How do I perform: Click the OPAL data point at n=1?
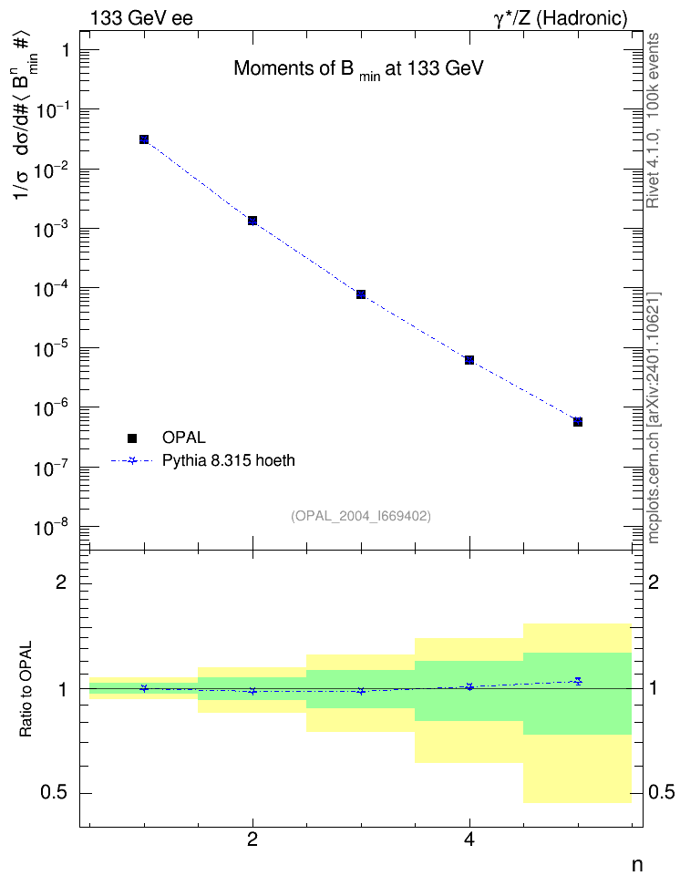pos(144,139)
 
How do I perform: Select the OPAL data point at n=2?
pos(252,221)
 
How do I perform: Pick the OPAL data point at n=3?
pos(361,294)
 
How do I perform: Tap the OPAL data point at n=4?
pos(469,360)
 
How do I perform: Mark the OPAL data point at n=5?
pos(578,421)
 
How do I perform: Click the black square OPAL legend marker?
pos(132,438)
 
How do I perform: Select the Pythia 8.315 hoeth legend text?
pos(229,460)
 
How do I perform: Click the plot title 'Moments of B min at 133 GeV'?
pos(359,69)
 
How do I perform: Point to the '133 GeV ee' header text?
pos(141,18)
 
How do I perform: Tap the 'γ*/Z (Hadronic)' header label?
pos(561,18)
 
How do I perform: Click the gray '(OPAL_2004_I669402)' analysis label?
pos(361,516)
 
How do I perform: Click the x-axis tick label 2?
pos(252,840)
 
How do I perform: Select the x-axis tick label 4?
pos(469,840)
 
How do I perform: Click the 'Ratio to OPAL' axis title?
pos(26,689)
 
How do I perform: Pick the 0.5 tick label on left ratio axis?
pos(55,793)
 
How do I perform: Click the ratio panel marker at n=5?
pos(578,681)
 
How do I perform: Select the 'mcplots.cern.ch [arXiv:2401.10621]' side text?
pos(654,417)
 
